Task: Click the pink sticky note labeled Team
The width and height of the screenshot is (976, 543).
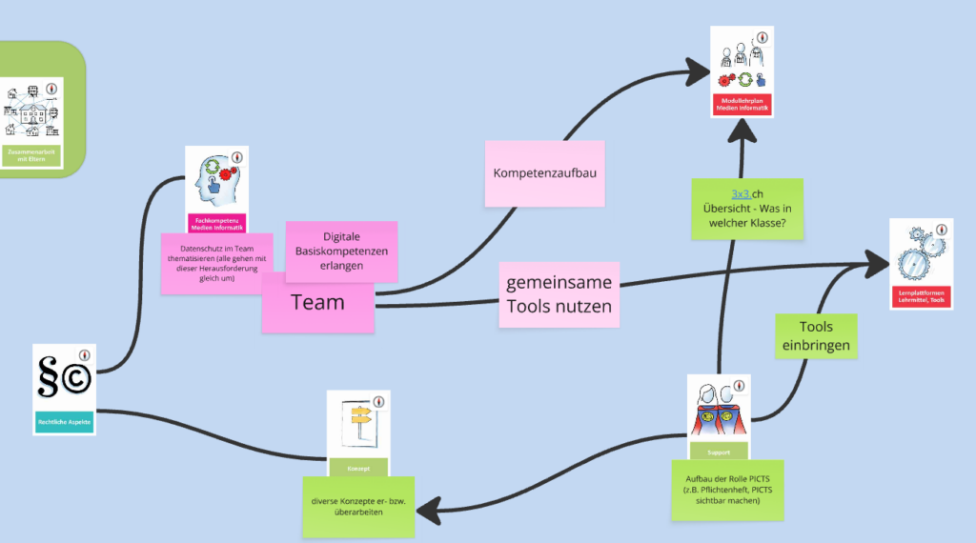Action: pyautogui.click(x=317, y=303)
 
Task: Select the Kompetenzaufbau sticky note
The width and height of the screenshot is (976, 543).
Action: pyautogui.click(x=544, y=173)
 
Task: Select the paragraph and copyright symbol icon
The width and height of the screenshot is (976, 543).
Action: pyautogui.click(x=63, y=378)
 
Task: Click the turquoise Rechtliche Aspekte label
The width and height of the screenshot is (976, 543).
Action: pyautogui.click(x=64, y=423)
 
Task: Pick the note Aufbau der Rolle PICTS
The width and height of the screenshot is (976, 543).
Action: pyautogui.click(x=727, y=489)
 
